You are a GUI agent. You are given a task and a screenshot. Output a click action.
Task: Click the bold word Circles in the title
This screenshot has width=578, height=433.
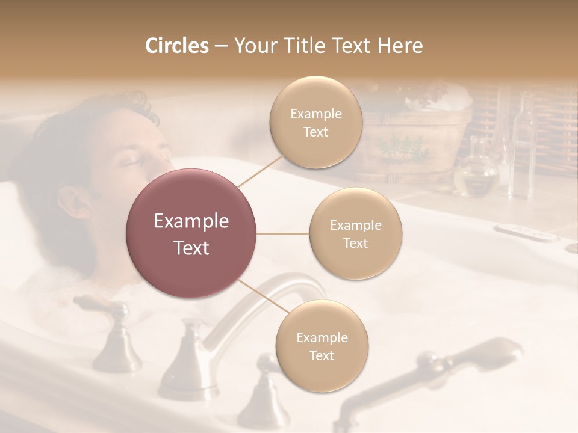pos(176,46)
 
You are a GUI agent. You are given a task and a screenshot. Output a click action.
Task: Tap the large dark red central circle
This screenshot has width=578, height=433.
pos(191,233)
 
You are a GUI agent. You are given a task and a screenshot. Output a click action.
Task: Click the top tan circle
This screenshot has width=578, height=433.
pos(315,122)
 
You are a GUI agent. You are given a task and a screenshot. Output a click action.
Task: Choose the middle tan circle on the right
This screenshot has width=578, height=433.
pos(355,234)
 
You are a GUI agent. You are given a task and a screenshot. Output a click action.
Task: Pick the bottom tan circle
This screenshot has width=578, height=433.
pos(322,346)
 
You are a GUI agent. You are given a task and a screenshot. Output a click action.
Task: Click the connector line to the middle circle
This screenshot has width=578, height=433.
pos(283,233)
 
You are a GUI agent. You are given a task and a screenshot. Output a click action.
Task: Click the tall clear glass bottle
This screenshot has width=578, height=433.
pos(523,150)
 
